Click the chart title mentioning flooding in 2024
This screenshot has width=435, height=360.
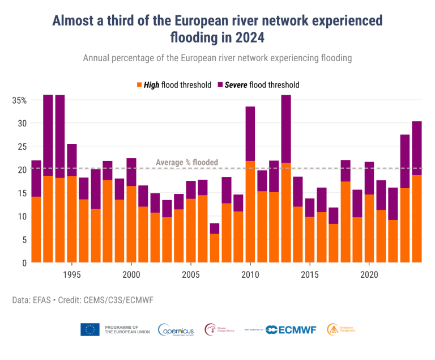coord(217,29)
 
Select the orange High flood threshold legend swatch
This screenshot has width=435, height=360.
coord(139,85)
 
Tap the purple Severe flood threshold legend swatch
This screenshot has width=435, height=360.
coord(220,85)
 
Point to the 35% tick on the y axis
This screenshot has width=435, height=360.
coord(19,100)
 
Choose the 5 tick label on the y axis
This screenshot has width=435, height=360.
coord(24,240)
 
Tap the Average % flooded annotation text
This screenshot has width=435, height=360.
coord(186,163)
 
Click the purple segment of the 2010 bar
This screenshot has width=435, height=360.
coord(250,133)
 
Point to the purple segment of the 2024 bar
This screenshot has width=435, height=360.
coord(416,148)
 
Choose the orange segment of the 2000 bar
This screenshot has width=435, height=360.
coord(131,225)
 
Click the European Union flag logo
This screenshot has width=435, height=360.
coord(90,329)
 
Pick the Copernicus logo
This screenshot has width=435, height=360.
coord(176,329)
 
